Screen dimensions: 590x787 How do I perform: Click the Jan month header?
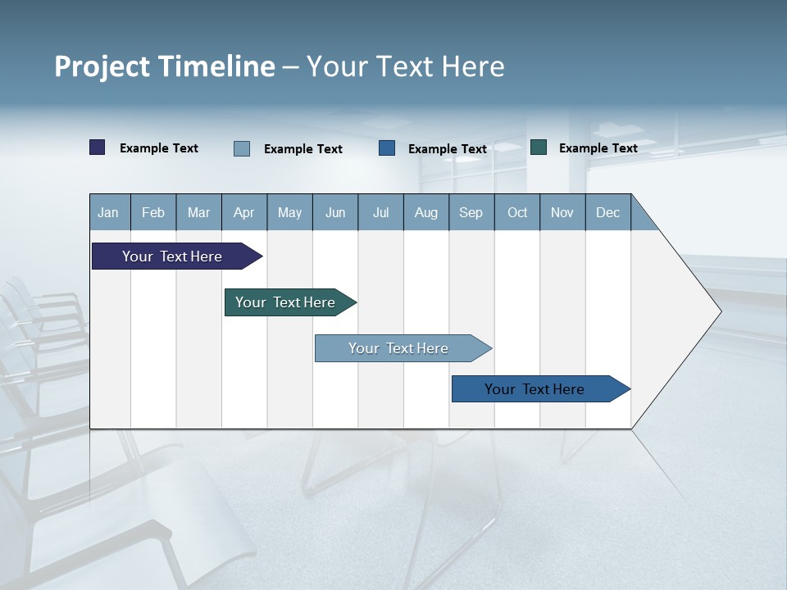(109, 212)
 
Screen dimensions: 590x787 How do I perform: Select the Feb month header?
(153, 212)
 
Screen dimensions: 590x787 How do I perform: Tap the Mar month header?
(198, 212)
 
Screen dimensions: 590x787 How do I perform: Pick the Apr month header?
(244, 212)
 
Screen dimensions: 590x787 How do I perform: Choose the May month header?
(289, 212)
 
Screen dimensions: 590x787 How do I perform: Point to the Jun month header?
(335, 212)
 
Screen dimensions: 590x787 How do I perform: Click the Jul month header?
(380, 212)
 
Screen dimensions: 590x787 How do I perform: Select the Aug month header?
(426, 212)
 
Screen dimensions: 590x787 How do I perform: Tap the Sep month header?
(471, 212)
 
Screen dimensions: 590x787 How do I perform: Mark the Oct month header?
(517, 212)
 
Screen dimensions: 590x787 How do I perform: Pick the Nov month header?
(562, 212)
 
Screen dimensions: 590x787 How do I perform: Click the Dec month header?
(608, 212)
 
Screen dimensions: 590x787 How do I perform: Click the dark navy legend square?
(98, 147)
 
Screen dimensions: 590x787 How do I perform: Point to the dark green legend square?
(539, 147)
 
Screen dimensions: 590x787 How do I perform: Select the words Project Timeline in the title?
(165, 66)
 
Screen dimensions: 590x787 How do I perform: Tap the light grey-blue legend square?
(242, 148)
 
